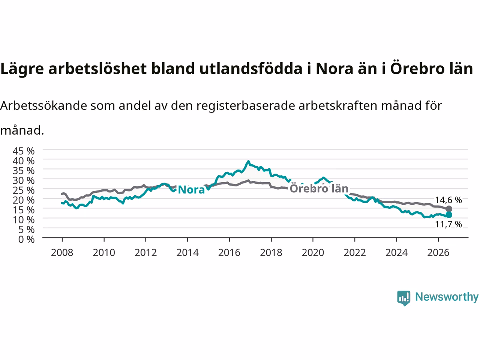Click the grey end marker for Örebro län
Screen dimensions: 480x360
(449, 209)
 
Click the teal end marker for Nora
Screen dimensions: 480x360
(449, 215)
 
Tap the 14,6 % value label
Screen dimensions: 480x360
(448, 200)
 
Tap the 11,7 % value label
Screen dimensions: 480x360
(448, 224)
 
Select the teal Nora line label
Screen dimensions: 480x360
(191, 190)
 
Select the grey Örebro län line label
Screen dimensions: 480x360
(319, 188)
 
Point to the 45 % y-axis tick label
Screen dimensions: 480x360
(24, 151)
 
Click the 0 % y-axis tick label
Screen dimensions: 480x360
(27, 240)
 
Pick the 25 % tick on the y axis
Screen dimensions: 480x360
(24, 190)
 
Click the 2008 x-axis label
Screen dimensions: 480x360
(62, 253)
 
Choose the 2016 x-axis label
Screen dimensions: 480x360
(229, 253)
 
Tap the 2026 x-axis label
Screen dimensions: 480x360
(438, 253)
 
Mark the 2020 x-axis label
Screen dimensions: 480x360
(313, 253)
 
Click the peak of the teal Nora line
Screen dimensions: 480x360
(248, 161)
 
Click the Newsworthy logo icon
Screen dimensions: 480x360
(403, 298)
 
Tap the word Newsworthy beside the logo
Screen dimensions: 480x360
(447, 297)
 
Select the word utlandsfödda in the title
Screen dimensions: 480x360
(251, 68)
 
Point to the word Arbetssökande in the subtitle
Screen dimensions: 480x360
(44, 106)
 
